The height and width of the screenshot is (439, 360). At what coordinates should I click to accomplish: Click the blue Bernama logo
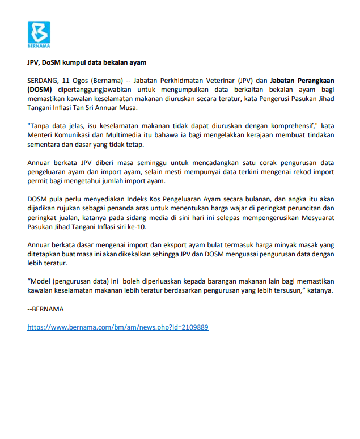coord(39,33)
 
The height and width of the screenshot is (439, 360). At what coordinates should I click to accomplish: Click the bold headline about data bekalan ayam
coord(87,62)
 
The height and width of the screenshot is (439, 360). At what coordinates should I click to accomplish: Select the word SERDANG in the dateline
coord(43,80)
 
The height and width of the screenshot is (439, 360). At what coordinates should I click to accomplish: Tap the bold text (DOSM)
coord(40,89)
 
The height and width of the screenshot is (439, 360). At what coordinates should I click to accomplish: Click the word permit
coord(37,180)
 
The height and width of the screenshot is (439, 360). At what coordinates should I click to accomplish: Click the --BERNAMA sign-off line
coord(46,309)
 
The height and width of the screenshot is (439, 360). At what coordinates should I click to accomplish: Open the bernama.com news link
coord(118,327)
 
